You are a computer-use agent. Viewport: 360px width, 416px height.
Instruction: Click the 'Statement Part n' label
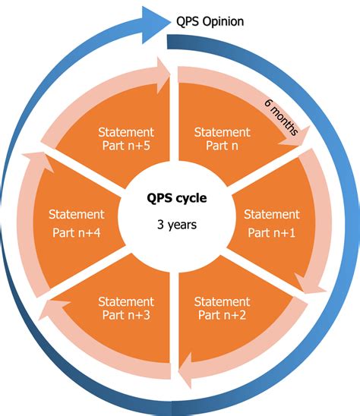pos(223,138)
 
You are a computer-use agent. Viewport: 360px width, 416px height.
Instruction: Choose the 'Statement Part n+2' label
pos(222,308)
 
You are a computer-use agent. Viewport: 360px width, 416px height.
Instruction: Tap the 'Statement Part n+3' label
pos(126,308)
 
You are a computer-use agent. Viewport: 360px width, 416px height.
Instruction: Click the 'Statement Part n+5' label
pos(127,138)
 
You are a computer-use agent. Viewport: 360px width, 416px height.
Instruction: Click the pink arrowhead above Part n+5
pos(161,70)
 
